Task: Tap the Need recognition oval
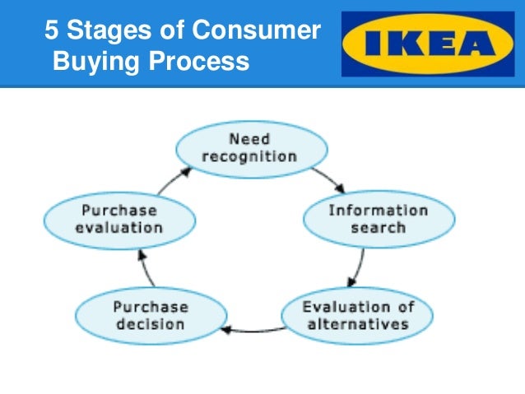[x=253, y=147]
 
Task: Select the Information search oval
[x=378, y=218]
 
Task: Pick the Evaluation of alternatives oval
[x=357, y=315]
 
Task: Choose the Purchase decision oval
[x=150, y=315]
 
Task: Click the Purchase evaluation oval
[x=118, y=218]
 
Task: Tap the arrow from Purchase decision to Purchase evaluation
[x=146, y=267]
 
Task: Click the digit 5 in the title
[x=51, y=31]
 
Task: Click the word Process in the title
[x=200, y=61]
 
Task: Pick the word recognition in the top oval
[x=253, y=155]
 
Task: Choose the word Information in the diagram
[x=378, y=210]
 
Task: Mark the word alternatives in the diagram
[x=357, y=323]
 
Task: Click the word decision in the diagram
[x=150, y=323]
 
